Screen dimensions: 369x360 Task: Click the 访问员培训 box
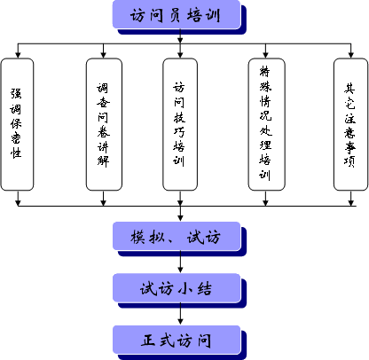click(x=177, y=15)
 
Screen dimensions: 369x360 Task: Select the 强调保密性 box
click(x=17, y=124)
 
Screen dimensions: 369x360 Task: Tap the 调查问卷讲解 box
click(x=104, y=124)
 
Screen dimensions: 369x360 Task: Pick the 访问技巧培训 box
click(x=180, y=124)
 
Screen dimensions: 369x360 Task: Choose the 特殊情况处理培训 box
click(x=266, y=124)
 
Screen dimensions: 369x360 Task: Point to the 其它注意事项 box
click(x=351, y=124)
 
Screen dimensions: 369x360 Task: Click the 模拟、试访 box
click(x=177, y=236)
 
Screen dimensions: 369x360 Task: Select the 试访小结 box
click(x=177, y=288)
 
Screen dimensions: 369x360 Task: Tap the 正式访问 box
click(x=177, y=340)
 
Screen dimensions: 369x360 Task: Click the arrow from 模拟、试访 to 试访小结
click(x=180, y=262)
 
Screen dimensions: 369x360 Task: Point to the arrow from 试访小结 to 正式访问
click(x=180, y=314)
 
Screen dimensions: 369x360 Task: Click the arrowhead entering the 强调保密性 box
click(x=18, y=55)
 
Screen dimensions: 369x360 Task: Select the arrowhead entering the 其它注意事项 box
click(x=351, y=55)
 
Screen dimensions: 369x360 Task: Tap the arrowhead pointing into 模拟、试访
click(x=180, y=218)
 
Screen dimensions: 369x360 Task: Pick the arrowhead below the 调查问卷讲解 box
click(x=103, y=203)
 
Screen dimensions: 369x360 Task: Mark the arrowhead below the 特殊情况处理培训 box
click(x=265, y=203)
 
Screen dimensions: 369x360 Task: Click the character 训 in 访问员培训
click(x=213, y=15)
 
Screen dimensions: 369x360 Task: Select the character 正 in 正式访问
click(x=148, y=340)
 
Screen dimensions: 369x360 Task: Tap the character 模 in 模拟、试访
click(x=137, y=237)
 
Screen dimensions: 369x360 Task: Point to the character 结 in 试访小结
click(x=205, y=288)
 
